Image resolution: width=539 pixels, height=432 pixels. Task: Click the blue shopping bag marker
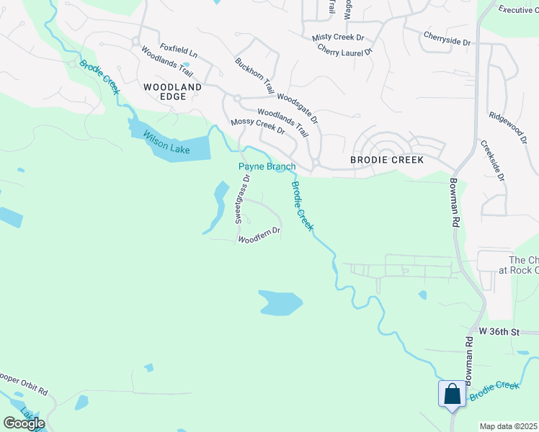(452, 395)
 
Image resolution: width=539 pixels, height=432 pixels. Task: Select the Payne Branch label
(267, 167)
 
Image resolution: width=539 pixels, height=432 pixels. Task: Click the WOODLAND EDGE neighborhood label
(172, 91)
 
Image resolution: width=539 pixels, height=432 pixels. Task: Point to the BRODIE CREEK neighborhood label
(387, 160)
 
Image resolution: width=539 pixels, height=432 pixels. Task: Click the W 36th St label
(499, 332)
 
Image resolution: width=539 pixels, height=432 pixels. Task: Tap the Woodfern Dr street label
(259, 235)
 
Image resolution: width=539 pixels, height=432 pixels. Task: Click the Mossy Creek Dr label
(258, 127)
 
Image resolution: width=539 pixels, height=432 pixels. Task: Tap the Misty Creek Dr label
(338, 37)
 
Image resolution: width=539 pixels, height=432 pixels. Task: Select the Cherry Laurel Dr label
(345, 51)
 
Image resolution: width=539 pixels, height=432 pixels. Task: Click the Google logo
(24, 423)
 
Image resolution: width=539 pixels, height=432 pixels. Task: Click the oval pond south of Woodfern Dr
(280, 302)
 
